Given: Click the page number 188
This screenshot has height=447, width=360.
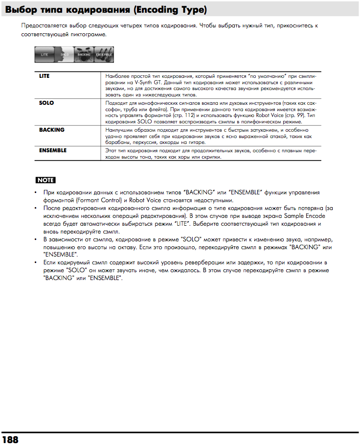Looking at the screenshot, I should click(10, 439).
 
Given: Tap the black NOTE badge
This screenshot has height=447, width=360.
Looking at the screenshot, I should click(45, 180).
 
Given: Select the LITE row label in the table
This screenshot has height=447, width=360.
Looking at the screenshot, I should click(45, 76).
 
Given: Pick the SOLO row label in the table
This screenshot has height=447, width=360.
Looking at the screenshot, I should click(46, 103).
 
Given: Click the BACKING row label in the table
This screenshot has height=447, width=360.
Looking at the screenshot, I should click(52, 130).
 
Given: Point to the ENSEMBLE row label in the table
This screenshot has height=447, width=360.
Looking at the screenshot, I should click(53, 150).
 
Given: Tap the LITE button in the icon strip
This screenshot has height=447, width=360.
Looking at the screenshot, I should click(44, 55).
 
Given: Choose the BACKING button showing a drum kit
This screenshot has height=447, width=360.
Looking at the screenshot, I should click(84, 55).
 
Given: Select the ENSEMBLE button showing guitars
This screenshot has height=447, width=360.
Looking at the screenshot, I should click(104, 55).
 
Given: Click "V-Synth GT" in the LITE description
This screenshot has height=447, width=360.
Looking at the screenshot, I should click(148, 83).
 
